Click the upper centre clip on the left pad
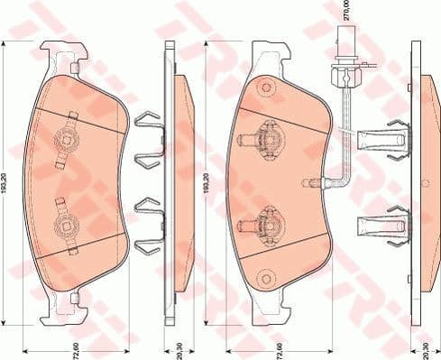coord(65,138)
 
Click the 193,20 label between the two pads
coord(207,180)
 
